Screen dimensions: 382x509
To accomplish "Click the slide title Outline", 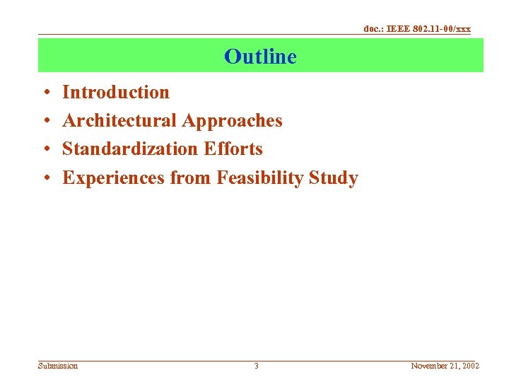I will [x=260, y=57].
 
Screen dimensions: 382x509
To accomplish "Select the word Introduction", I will [x=116, y=93].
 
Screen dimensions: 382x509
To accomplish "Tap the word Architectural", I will [x=119, y=121].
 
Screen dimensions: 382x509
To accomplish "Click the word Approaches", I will [x=232, y=122].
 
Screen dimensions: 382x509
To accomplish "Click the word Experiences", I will [x=114, y=178].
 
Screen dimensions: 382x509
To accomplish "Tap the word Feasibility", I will [x=260, y=178].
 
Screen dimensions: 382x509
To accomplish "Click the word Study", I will [x=334, y=178].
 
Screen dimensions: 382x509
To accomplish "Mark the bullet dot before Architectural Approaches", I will [x=45, y=122].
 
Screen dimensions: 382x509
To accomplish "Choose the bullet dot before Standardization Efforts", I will [x=45, y=150].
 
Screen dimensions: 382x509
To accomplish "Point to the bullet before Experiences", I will [x=45, y=178].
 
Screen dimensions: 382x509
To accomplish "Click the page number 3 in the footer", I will [x=256, y=366].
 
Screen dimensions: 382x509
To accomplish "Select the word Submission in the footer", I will [x=58, y=366].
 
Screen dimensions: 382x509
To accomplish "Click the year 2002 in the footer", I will [x=469, y=366].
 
